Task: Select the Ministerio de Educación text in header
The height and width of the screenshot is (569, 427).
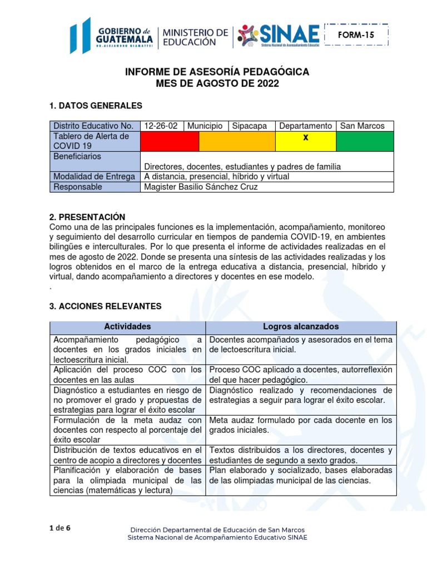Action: (x=195, y=37)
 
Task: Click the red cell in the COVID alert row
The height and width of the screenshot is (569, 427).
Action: (x=170, y=141)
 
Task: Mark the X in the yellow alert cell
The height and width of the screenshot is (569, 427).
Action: (x=305, y=137)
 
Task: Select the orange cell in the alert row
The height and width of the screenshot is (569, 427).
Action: (x=237, y=141)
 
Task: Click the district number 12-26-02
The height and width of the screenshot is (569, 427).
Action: (x=161, y=126)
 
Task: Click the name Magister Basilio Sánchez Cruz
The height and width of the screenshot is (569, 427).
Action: (x=201, y=187)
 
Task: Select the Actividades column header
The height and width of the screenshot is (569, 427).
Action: (x=127, y=327)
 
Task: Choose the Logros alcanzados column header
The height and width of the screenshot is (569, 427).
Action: (x=301, y=327)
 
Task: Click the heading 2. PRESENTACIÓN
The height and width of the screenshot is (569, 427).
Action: (x=87, y=217)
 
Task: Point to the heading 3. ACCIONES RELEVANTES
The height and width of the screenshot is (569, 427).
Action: (x=105, y=306)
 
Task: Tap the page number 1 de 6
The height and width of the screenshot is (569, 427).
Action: (x=60, y=528)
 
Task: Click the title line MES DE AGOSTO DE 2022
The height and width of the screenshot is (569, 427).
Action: (x=217, y=84)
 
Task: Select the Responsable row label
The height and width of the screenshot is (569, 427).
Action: (x=77, y=187)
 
